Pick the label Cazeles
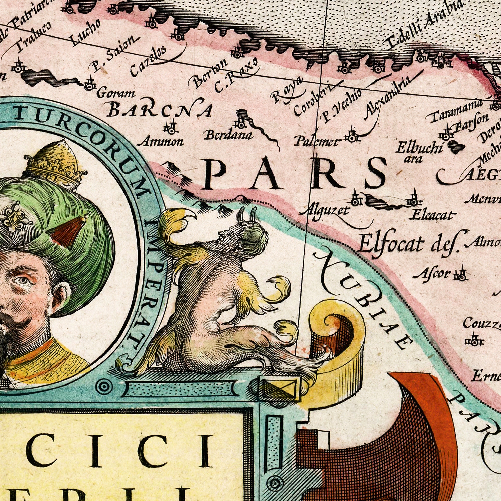(148, 61)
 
